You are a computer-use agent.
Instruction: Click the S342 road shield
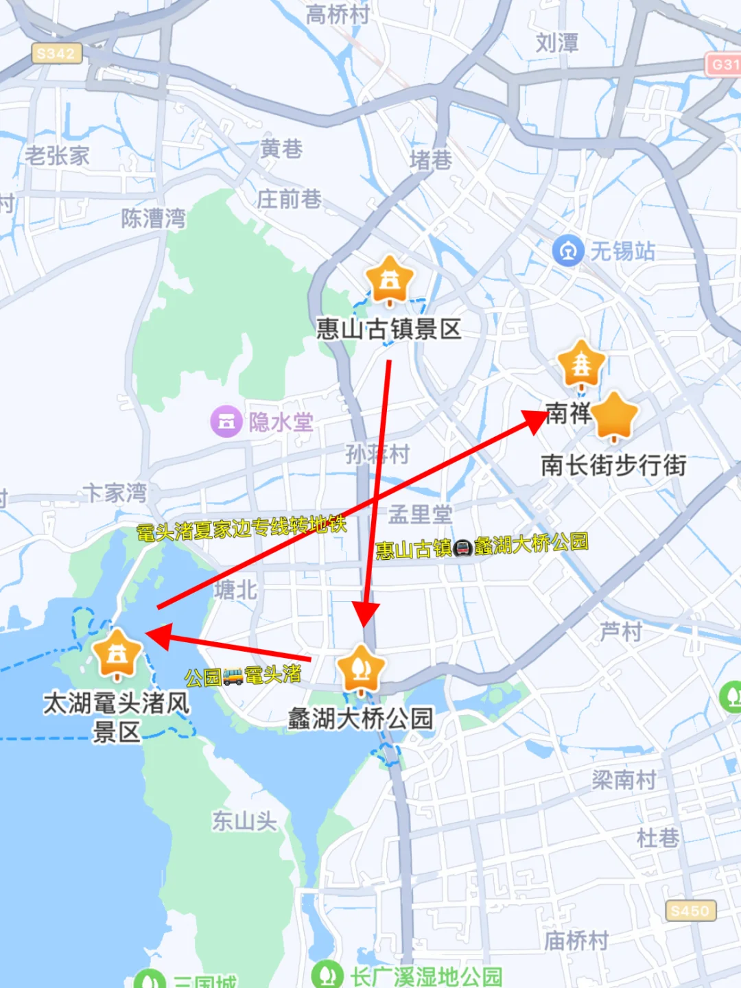(x=56, y=54)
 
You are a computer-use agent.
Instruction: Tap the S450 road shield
(x=690, y=910)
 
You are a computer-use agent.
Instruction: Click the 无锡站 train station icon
(x=567, y=251)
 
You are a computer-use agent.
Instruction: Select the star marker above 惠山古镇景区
(x=389, y=281)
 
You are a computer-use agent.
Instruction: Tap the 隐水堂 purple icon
(x=226, y=421)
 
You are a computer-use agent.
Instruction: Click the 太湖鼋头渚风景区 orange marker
(x=117, y=653)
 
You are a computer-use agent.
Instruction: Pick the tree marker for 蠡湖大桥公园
(x=361, y=669)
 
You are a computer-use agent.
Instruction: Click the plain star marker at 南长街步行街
(x=614, y=416)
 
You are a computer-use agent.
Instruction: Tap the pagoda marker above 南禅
(x=581, y=364)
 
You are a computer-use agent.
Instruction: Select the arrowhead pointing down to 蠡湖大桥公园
(x=366, y=614)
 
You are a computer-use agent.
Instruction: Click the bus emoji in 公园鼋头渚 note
(x=233, y=677)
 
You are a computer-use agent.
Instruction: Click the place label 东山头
(x=244, y=821)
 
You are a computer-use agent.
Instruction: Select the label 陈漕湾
(x=153, y=218)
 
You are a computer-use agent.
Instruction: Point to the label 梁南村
(x=624, y=779)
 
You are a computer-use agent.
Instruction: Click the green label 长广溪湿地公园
(x=425, y=976)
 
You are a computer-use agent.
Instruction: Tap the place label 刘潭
(x=556, y=43)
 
